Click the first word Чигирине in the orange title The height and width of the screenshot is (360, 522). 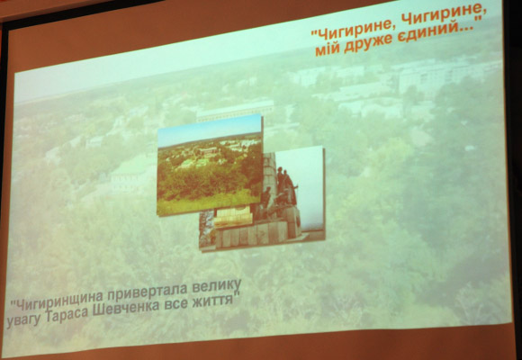click(x=354, y=29)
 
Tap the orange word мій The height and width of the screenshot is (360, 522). click(x=328, y=49)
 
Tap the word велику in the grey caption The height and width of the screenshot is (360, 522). click(x=217, y=285)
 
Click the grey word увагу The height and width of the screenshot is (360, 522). click(x=23, y=320)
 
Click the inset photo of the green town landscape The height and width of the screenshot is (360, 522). click(x=210, y=166)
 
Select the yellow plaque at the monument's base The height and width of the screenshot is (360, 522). click(x=233, y=216)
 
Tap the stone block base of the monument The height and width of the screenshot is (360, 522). click(x=256, y=232)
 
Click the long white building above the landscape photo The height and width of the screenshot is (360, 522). click(x=235, y=110)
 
